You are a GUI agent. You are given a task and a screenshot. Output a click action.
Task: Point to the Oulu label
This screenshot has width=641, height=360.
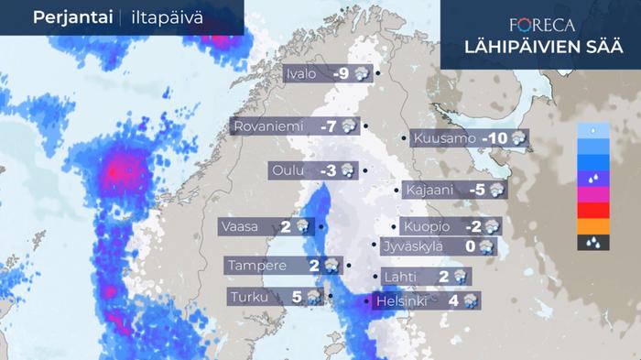[288, 170]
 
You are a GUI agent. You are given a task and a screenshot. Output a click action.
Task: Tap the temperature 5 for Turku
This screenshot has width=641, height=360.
[297, 297]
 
